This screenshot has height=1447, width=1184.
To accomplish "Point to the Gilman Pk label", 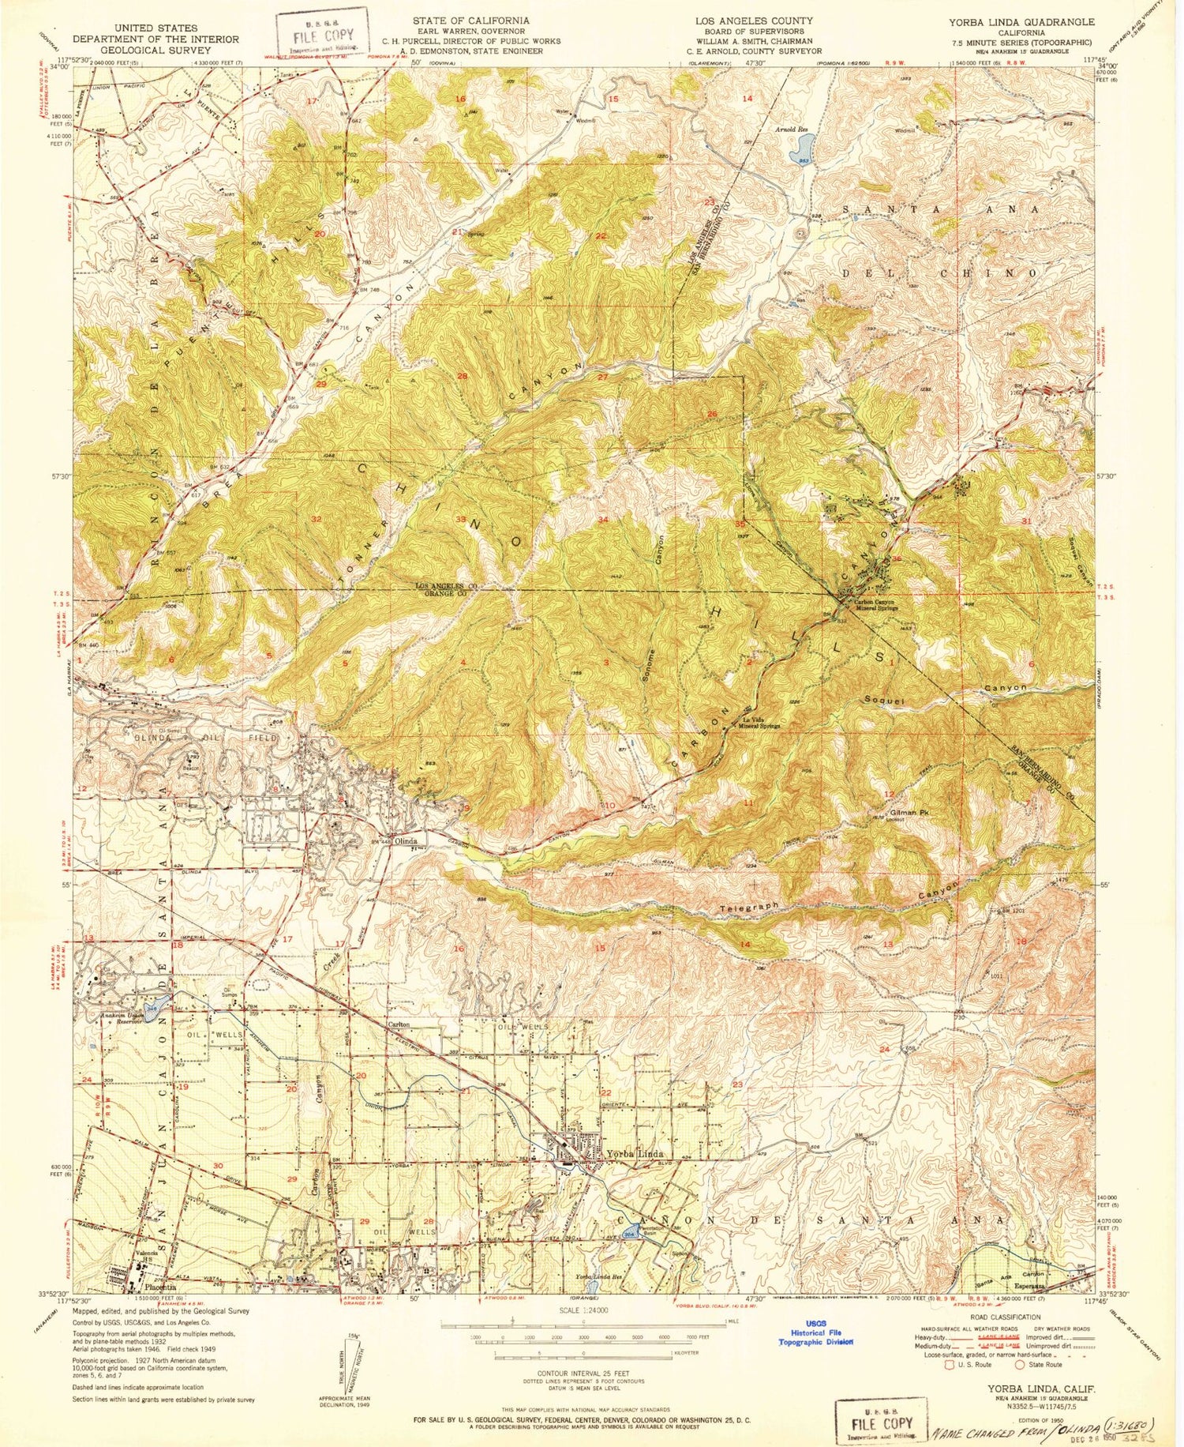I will point(908,812).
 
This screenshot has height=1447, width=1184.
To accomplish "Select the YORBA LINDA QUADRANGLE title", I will point(1023,22).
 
